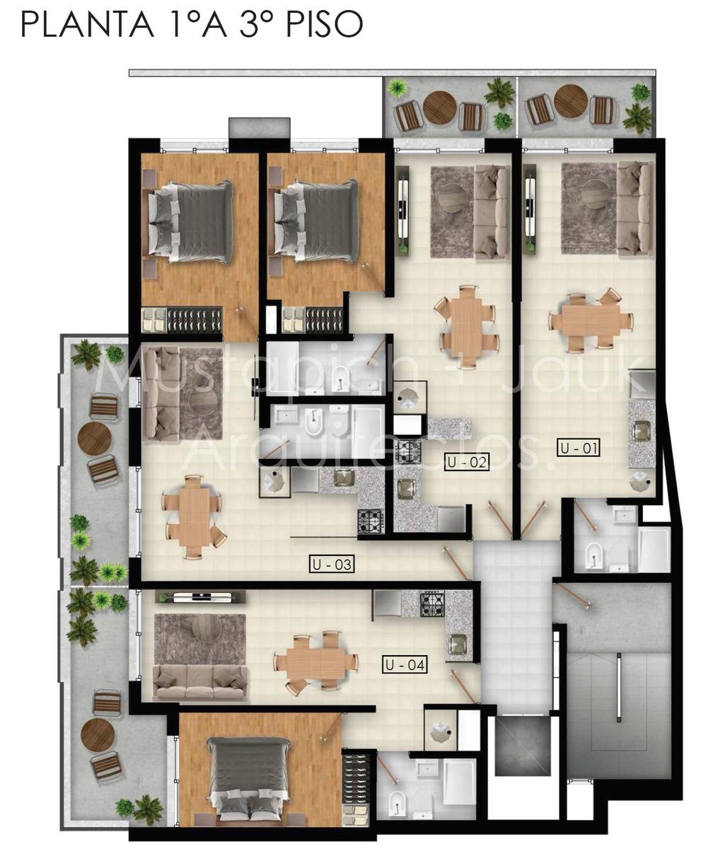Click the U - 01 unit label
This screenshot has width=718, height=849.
(x=578, y=448)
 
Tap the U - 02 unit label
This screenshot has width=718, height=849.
(x=467, y=462)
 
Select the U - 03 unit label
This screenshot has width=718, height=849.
(x=332, y=564)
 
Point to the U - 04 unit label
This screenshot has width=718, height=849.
(x=405, y=664)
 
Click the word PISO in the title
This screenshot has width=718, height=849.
(x=325, y=25)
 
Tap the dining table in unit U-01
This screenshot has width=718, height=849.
(x=591, y=320)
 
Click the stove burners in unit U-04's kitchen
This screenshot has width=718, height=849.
(x=432, y=604)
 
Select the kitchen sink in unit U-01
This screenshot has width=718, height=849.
(x=641, y=432)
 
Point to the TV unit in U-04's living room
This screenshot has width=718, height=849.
(x=200, y=597)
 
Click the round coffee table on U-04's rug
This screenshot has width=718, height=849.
(x=207, y=629)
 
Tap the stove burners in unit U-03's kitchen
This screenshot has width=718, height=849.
(x=371, y=521)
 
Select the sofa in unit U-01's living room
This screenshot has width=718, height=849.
(x=635, y=209)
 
